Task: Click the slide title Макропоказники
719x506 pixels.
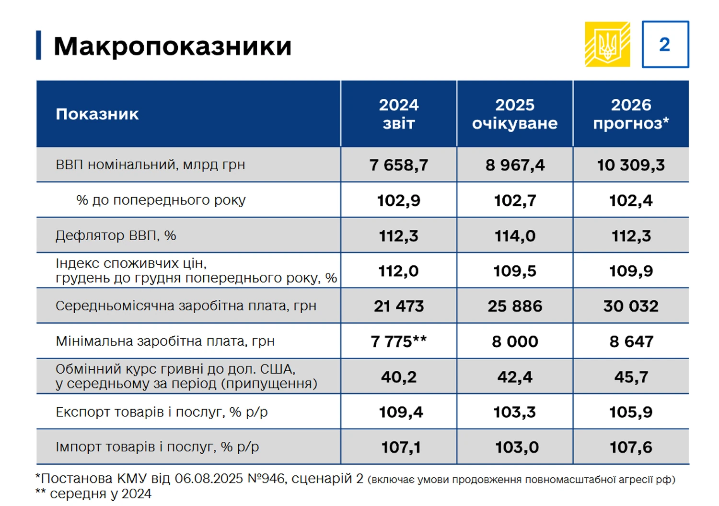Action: click(x=173, y=46)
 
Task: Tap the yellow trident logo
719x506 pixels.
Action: click(x=607, y=44)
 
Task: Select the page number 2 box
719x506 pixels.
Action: click(x=665, y=44)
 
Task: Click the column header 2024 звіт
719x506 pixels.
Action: click(x=399, y=114)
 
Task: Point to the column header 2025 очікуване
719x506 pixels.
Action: click(x=515, y=114)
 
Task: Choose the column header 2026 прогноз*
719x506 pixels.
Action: click(x=631, y=114)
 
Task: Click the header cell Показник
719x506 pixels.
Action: click(x=97, y=114)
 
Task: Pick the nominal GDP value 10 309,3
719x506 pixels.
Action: click(x=631, y=165)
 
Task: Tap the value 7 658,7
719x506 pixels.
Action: click(x=399, y=165)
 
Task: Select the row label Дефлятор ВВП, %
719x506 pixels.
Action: click(x=116, y=235)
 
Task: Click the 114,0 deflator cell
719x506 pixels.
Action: click(x=515, y=235)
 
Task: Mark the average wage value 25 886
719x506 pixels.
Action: click(x=515, y=306)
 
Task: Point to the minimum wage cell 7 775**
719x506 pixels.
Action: click(x=399, y=341)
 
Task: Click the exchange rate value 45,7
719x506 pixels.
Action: click(x=631, y=377)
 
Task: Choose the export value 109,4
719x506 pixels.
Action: click(x=401, y=412)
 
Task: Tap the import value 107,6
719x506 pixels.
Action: click(x=631, y=447)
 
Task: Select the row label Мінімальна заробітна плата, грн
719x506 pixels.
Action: click(x=165, y=341)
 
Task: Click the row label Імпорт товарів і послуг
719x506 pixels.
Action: click(x=157, y=447)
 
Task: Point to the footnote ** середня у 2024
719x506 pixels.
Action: click(x=94, y=494)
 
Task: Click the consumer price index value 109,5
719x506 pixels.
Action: click(x=515, y=271)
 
